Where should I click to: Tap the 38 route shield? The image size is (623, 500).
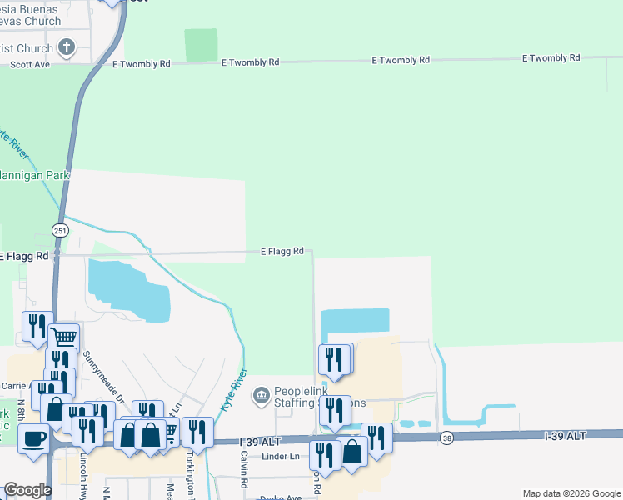point(447,438)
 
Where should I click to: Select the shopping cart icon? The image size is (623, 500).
point(63,337)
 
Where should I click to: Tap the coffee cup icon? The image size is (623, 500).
point(34,437)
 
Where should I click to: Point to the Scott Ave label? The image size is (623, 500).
point(28,63)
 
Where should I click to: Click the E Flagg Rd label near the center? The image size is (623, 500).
point(287,251)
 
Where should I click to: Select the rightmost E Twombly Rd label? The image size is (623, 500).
point(551,58)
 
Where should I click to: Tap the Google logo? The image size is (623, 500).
point(27,490)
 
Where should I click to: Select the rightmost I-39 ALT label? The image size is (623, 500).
point(566,436)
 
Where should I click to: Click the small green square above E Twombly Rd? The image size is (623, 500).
point(200,45)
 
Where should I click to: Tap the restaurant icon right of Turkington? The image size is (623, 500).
point(197,432)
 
